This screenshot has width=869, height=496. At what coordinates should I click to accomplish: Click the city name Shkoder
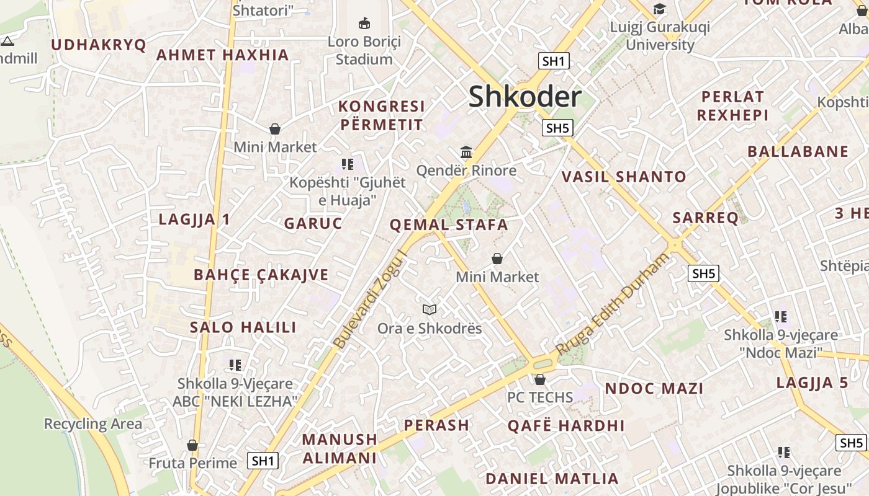coord(525,97)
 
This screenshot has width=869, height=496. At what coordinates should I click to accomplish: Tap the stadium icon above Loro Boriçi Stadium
coord(364,24)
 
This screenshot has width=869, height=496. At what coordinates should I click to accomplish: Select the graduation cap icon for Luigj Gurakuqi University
coord(659,9)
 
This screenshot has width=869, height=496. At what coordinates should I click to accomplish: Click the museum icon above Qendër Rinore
coord(466,152)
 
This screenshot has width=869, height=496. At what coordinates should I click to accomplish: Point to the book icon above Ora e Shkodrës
coord(430,309)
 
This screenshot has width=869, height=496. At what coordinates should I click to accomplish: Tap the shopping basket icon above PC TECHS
coord(540,379)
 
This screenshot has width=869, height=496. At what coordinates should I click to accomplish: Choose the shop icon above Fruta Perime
coord(192,445)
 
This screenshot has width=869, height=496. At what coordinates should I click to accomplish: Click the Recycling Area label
coord(93,424)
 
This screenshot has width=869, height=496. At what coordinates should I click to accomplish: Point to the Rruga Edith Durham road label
coord(613,304)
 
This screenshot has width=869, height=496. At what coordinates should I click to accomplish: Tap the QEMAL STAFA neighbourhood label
coord(449,224)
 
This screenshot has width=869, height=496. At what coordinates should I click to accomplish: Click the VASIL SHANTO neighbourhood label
coord(624,177)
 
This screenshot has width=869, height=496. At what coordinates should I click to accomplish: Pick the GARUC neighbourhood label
coord(313,223)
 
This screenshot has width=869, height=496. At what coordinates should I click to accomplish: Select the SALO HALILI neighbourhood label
coord(243,327)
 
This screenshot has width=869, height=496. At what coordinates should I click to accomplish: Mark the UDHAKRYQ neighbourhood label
coord(99,45)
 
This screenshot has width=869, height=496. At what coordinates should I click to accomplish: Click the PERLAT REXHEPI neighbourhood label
coord(733,106)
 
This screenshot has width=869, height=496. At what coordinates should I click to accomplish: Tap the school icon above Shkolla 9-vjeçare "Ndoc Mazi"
coord(781,317)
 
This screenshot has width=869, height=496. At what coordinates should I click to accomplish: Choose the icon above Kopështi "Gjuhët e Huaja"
coord(348,164)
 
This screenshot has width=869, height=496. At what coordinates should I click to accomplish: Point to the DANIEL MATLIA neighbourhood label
coord(552,479)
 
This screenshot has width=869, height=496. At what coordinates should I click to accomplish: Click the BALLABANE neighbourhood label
coord(798,151)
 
